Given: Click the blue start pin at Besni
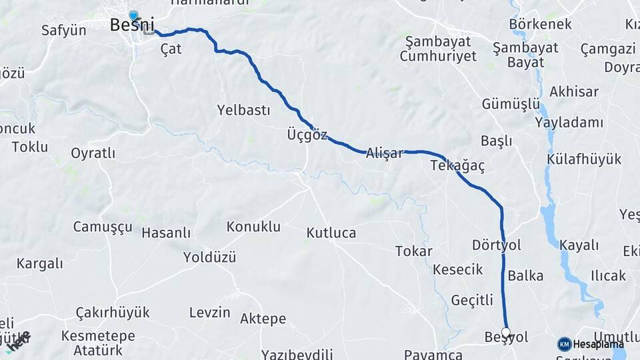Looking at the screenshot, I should tap(134, 16).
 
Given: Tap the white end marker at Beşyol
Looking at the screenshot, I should tap(505, 332).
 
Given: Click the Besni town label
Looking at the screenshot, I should tap(132, 26).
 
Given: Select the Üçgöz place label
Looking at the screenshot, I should tap(307, 135).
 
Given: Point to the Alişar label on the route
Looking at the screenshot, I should tap(385, 153).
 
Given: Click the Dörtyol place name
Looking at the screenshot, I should tap(496, 245).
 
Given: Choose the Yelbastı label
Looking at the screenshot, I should tap(243, 111).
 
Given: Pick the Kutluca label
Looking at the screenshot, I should tap(331, 233).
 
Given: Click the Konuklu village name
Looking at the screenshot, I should tap(253, 227).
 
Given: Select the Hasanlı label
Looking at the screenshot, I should tap(166, 233).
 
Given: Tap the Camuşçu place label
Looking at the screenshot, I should tap(103, 227).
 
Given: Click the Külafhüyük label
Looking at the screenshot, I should tap(584, 159).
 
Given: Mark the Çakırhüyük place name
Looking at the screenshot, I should tap(113, 313).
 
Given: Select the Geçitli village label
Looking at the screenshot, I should tap(472, 300).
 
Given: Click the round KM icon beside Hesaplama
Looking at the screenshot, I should tap(565, 344).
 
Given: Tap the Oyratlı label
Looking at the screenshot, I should tap(93, 153).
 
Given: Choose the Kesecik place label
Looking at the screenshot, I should tap(457, 269).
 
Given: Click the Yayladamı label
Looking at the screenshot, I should tap(569, 123).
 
